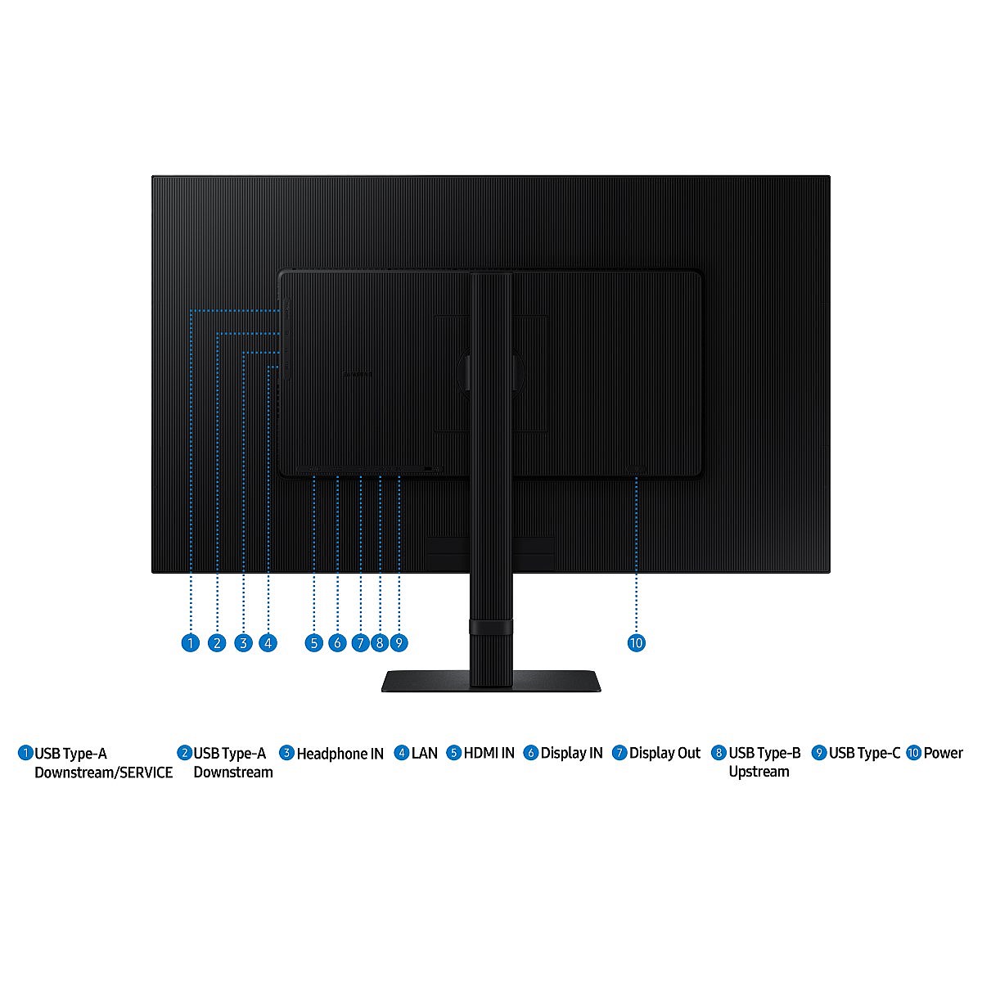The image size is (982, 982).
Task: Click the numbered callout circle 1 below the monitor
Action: click(x=191, y=642)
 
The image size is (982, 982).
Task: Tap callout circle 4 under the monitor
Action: click(x=268, y=642)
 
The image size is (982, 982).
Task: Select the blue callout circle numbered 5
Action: click(x=314, y=642)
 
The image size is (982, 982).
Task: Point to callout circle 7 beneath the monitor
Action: click(x=360, y=642)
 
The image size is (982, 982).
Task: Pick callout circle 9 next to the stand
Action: click(x=399, y=642)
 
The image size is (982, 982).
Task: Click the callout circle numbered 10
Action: click(x=637, y=642)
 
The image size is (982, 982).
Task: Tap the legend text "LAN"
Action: click(x=425, y=753)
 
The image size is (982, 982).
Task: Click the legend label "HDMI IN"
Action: click(x=489, y=753)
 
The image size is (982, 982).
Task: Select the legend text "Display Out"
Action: click(x=665, y=753)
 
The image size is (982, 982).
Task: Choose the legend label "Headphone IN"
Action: click(x=340, y=754)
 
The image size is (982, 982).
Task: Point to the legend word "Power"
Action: click(x=944, y=753)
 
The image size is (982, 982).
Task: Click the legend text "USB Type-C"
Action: click(x=865, y=753)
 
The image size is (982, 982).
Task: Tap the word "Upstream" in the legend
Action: click(x=759, y=772)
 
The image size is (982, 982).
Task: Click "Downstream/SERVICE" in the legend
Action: click(x=103, y=773)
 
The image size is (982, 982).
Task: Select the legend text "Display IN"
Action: click(x=572, y=753)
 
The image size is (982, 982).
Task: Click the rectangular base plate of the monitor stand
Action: click(x=491, y=681)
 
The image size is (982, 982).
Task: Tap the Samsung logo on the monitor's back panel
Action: click(x=357, y=374)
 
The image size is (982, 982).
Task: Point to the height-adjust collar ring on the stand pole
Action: click(x=491, y=627)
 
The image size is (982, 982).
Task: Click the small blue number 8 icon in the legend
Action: click(x=718, y=753)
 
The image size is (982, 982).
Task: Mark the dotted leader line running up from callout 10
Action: click(x=637, y=555)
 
